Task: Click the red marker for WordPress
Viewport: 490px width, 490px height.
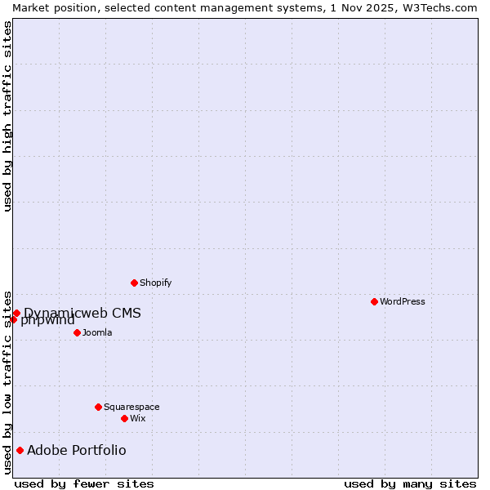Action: [374, 301]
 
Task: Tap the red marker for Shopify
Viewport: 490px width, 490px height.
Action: [134, 283]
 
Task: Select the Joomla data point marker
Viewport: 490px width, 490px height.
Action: [77, 332]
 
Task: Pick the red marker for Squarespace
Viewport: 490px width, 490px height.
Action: [98, 407]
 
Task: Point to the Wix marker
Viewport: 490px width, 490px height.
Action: [124, 418]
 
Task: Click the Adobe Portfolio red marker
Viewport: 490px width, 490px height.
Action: [20, 450]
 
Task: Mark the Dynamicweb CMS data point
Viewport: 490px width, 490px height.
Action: [16, 313]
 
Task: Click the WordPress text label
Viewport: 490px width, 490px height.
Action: [403, 301]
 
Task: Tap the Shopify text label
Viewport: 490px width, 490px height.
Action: [156, 283]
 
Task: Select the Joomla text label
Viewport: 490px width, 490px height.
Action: [97, 332]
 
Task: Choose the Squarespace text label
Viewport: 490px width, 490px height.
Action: [131, 407]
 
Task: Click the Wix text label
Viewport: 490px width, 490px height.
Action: [138, 418]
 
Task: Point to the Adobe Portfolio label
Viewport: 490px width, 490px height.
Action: [77, 450]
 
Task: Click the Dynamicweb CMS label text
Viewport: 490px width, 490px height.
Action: [82, 313]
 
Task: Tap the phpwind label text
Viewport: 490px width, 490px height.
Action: [48, 320]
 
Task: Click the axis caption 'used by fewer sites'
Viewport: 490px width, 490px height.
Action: [84, 483]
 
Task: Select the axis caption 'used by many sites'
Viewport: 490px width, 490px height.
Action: [410, 483]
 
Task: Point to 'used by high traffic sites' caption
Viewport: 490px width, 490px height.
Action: [7, 116]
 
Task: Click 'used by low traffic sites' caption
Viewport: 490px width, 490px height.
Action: [7, 381]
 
